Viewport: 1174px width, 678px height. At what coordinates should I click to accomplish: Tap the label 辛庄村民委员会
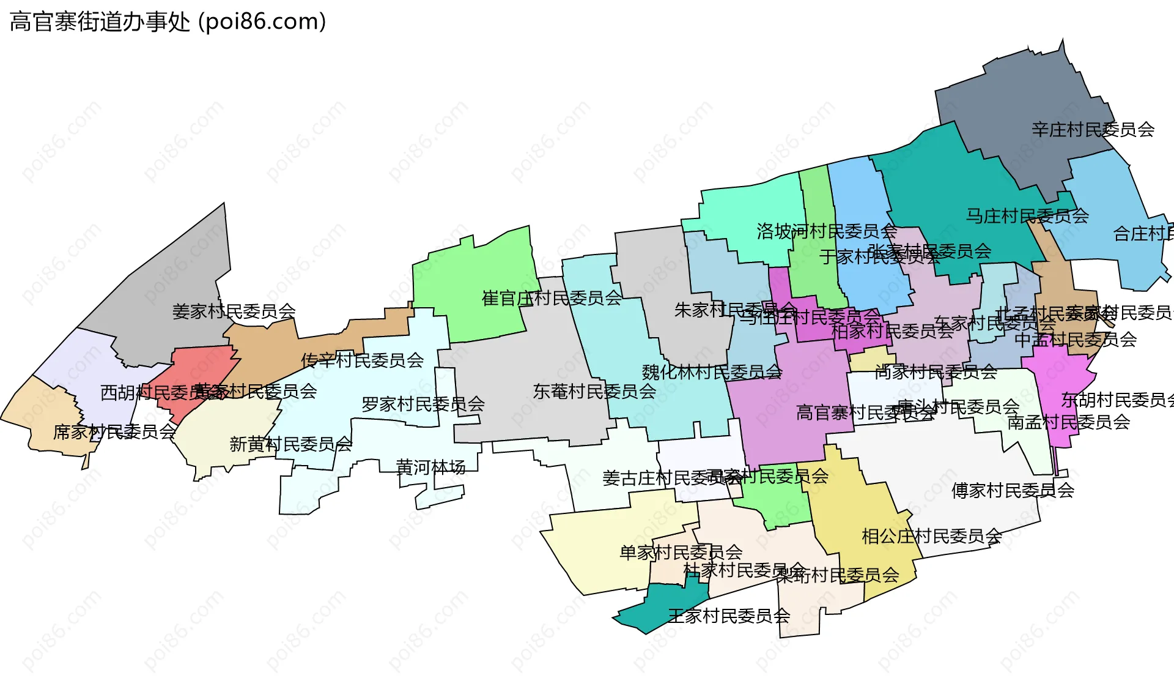coord(1093,130)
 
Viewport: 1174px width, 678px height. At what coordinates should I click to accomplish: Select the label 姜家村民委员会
coord(234,311)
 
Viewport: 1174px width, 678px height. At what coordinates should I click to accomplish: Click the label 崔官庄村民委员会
coord(552,299)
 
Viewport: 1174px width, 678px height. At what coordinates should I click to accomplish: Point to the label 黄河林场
coord(430,468)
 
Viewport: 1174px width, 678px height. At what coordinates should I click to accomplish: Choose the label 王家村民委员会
coord(729,616)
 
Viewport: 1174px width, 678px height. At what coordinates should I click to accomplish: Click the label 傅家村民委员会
coord(1013,490)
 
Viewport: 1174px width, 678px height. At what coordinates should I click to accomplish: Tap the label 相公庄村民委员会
coord(931,537)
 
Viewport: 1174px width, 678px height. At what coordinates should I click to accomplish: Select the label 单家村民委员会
coord(681,553)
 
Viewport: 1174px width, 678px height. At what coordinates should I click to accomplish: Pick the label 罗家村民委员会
coord(423,404)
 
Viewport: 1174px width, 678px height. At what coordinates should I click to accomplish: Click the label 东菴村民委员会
coord(594,392)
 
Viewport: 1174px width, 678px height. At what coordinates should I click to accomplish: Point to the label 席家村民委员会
coord(114,433)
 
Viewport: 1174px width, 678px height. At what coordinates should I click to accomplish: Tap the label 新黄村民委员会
coord(290,444)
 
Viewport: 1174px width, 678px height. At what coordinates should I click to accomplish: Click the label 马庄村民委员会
coord(1027,216)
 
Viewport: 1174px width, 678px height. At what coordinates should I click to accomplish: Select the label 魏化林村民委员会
coord(712,372)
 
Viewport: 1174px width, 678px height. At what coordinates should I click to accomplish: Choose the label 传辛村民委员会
coord(362,360)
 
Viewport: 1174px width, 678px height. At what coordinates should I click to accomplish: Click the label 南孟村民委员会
coord(1068,422)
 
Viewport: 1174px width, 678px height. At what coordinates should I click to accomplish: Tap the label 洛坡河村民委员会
coord(826,231)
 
